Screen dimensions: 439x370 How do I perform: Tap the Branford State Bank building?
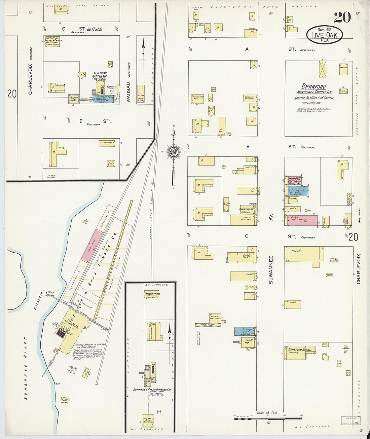pyautogui.click(x=294, y=181)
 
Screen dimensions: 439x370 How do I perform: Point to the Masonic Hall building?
pyautogui.click(x=151, y=295)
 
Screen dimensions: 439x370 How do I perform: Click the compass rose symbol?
pyautogui.click(x=174, y=152)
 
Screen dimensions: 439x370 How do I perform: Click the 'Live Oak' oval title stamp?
pyautogui.click(x=324, y=35)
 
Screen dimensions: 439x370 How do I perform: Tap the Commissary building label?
pyautogui.click(x=246, y=209)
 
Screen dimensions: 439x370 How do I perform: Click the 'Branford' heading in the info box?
pyautogui.click(x=313, y=86)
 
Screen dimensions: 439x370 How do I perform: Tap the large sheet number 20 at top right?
pyautogui.click(x=342, y=17)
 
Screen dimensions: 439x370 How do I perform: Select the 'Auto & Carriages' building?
pyautogui.click(x=215, y=318)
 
